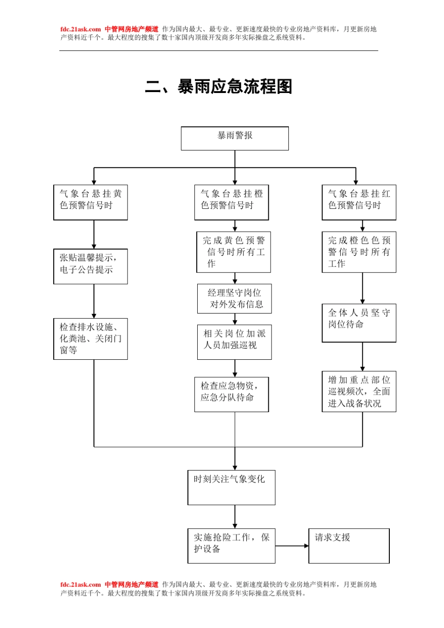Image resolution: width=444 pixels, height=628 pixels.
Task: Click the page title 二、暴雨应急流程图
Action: click(x=219, y=87)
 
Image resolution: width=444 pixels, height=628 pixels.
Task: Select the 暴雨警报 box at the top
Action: click(x=235, y=138)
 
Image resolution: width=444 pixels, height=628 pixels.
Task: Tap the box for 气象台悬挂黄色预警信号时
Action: click(x=91, y=202)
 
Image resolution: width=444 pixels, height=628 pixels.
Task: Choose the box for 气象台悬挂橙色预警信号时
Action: click(x=231, y=202)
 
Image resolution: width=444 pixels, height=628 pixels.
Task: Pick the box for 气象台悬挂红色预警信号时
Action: click(x=359, y=202)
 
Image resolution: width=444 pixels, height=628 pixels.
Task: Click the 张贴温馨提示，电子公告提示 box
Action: click(x=91, y=266)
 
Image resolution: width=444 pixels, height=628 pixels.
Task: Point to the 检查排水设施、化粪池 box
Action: click(x=91, y=339)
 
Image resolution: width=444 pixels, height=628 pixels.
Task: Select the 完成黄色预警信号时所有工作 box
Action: click(x=234, y=252)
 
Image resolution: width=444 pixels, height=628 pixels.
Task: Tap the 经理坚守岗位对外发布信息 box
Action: click(x=235, y=299)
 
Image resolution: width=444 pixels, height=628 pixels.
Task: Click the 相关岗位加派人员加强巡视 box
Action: click(x=235, y=342)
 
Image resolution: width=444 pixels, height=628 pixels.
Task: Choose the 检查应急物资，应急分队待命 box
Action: click(x=231, y=394)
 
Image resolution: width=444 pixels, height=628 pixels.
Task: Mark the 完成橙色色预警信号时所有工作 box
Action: click(x=359, y=252)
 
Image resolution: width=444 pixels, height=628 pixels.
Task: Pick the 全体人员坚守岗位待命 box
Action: click(x=359, y=323)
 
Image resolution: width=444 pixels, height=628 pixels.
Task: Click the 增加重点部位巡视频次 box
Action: click(x=359, y=392)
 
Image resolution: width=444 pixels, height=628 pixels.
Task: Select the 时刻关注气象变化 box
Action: click(x=231, y=487)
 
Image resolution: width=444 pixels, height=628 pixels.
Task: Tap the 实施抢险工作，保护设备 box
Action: click(x=231, y=546)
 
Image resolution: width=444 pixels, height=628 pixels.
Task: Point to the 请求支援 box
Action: click(x=349, y=546)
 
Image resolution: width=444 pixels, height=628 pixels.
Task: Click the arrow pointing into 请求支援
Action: click(x=299, y=546)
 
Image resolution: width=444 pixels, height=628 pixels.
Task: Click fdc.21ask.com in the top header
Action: click(x=80, y=29)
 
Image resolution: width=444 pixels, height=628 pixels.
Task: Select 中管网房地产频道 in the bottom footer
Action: click(x=131, y=585)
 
